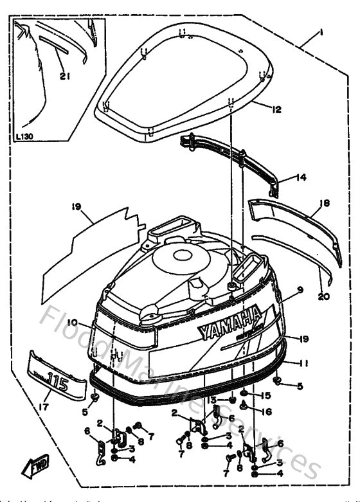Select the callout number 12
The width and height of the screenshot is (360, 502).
(x=277, y=110)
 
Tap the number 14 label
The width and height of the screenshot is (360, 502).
(x=301, y=177)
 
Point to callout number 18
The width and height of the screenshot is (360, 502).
(x=324, y=202)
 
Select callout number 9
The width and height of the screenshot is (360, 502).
(x=300, y=290)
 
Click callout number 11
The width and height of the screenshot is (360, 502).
(x=303, y=363)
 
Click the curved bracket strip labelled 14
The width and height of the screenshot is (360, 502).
(x=231, y=157)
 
